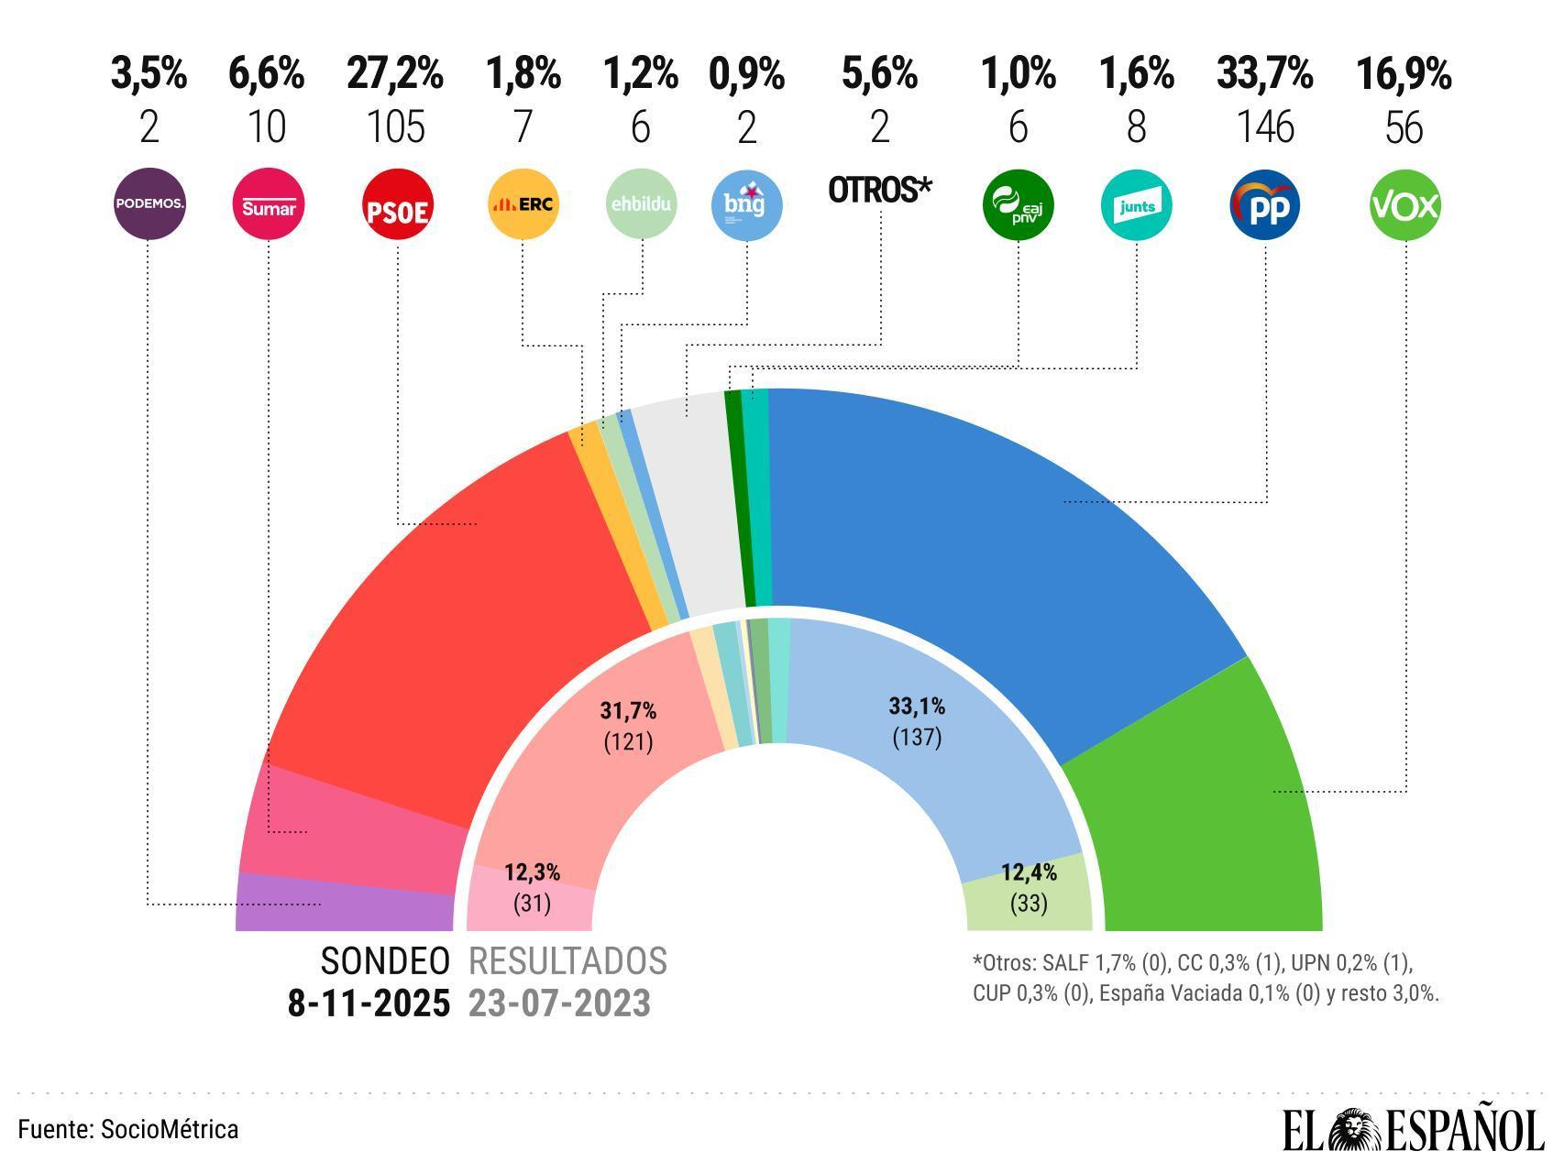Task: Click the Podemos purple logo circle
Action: click(149, 204)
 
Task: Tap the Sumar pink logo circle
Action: click(268, 204)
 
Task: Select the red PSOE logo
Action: click(397, 205)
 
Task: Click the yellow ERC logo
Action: click(523, 204)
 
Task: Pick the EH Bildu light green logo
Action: click(642, 204)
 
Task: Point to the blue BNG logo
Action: click(746, 204)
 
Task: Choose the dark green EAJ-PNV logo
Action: click(1018, 204)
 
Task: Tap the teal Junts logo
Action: click(1137, 204)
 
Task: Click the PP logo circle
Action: click(1265, 204)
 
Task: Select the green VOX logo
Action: click(1404, 204)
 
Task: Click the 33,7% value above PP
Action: click(1265, 74)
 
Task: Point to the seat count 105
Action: click(396, 126)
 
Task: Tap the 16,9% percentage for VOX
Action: click(1404, 74)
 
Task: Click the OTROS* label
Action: click(879, 190)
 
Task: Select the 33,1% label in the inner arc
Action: click(917, 707)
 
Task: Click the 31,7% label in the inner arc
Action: click(628, 710)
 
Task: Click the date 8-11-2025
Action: click(369, 1003)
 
